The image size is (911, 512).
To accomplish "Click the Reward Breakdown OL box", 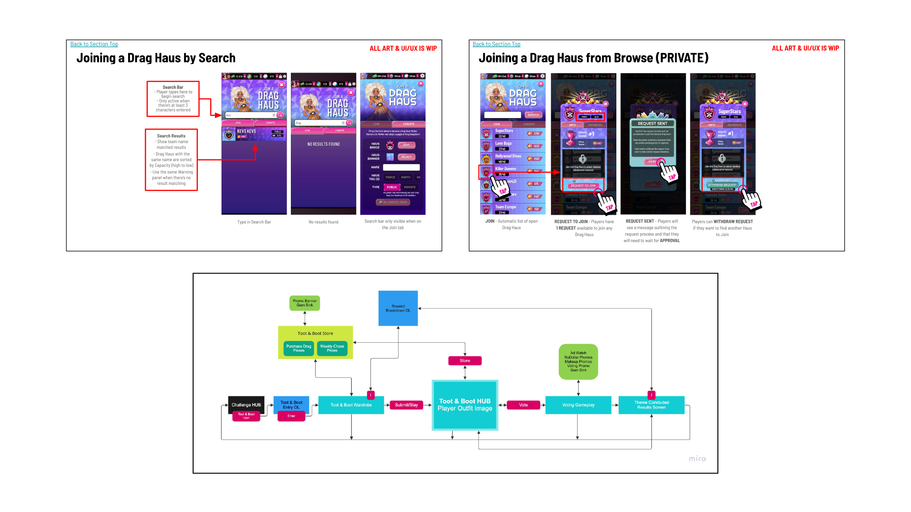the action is coord(398,308).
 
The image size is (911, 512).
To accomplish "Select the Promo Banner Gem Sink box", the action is coord(305,303).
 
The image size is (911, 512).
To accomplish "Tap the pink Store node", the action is coord(465,361).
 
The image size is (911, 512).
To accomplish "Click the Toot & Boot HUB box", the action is coord(465,405).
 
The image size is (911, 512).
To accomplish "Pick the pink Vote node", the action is coord(523,405).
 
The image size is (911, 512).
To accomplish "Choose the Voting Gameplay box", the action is coord(578,405).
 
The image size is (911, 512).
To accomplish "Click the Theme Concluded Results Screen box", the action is coord(651,405).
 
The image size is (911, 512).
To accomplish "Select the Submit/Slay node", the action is coord(406,405).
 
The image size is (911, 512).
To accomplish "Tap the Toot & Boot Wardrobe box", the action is coord(351,405).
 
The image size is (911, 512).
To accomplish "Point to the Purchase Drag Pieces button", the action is coord(298,348).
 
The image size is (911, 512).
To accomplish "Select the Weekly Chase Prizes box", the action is coord(332,348).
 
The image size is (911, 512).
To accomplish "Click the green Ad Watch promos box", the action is coord(578,362).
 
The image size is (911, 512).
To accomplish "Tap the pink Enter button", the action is coord(291,416).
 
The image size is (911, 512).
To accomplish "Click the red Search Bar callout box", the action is coord(173,99).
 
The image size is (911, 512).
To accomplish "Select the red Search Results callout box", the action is coord(171,160).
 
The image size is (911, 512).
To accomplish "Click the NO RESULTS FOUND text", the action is coord(324,144).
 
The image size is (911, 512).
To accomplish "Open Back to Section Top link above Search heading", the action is coord(94,44).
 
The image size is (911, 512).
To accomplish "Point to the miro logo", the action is coord(697,458).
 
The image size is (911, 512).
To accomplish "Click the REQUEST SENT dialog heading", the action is coord(652,123).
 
